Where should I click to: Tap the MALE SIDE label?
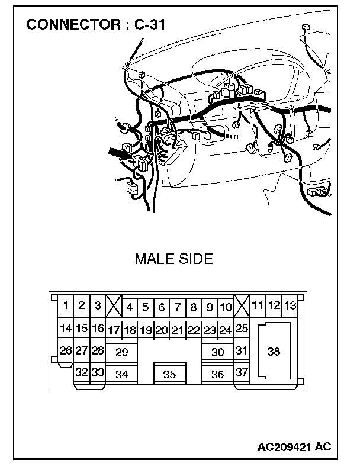point(173,259)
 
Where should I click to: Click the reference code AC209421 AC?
point(294,445)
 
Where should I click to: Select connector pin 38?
point(274,351)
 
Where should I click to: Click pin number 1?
point(66,305)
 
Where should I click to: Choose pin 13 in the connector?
point(290,305)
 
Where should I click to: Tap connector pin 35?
point(169,374)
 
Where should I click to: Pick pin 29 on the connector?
point(122,352)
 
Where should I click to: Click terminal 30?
point(218,352)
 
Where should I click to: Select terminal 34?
point(122,374)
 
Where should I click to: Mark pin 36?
point(218,374)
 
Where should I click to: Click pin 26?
point(66,350)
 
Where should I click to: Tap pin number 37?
point(242,372)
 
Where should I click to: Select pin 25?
point(242,328)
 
